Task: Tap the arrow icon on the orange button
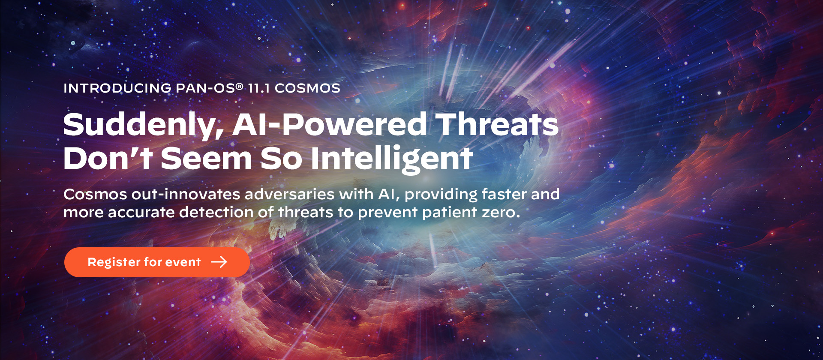[x=219, y=262]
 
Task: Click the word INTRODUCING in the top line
[x=117, y=88]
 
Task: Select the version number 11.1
[x=259, y=88]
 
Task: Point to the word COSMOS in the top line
[x=307, y=88]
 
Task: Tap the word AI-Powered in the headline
[x=330, y=125]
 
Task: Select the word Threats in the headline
[x=497, y=125]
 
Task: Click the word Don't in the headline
[x=108, y=159]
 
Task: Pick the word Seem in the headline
[x=206, y=159]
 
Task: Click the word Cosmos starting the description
[x=95, y=195]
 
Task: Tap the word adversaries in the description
[x=289, y=195]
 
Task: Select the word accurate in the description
[x=141, y=213]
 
